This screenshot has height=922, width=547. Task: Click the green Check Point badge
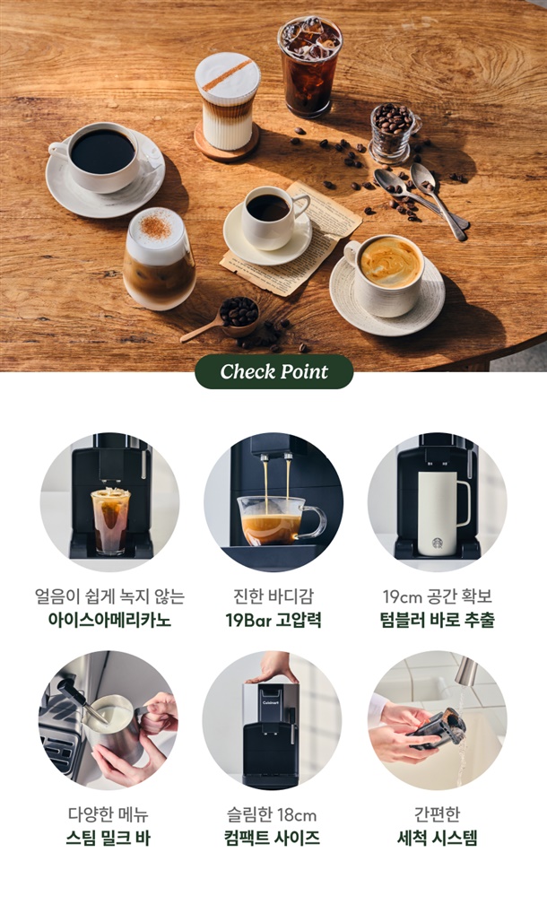(x=274, y=371)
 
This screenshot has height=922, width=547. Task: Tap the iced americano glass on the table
(x=309, y=65)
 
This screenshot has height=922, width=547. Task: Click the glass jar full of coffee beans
(x=394, y=134)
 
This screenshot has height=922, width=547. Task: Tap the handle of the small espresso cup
(x=301, y=204)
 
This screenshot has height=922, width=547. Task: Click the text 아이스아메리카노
(x=109, y=620)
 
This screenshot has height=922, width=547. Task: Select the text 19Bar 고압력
(x=273, y=620)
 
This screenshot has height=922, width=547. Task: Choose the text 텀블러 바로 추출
(x=437, y=620)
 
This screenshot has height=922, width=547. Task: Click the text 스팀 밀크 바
(x=109, y=838)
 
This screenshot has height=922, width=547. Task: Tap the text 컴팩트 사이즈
(x=272, y=838)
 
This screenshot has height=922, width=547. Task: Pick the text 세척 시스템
(x=437, y=838)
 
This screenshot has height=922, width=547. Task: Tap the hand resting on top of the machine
(x=273, y=668)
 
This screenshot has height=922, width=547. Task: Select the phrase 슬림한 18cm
(x=272, y=814)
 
